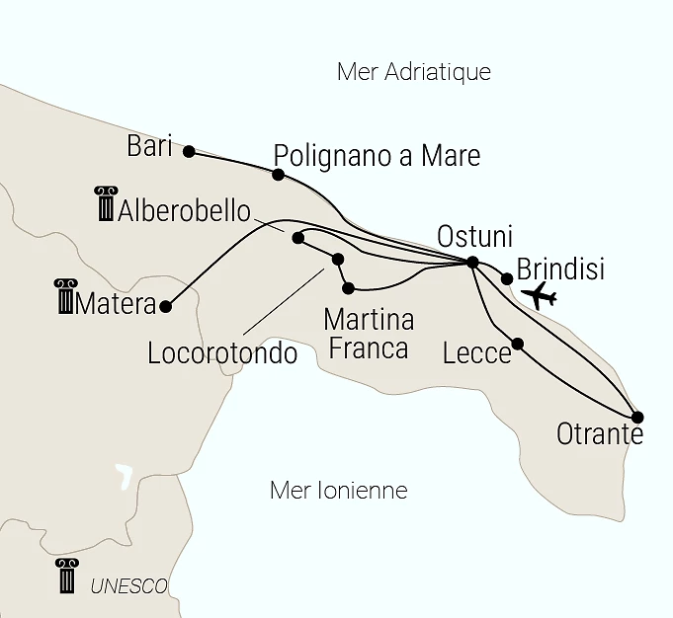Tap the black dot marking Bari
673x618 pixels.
tap(189, 151)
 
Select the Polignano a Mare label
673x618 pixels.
tap(377, 156)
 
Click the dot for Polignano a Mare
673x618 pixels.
tap(279, 175)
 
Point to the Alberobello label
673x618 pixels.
tap(184, 210)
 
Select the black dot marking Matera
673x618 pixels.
tap(165, 306)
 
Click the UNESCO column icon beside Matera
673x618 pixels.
tap(65, 297)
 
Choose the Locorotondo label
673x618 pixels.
tap(222, 352)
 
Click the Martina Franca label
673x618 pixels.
tap(368, 334)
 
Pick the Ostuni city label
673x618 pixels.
tap(474, 237)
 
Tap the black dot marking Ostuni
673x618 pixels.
tap(472, 262)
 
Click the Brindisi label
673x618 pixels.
tap(560, 270)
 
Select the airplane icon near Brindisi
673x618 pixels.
tap(539, 295)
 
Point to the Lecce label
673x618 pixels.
tap(477, 352)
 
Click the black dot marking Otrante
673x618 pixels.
tap(637, 417)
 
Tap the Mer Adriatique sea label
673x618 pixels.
tap(413, 72)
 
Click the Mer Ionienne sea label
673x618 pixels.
tap(338, 491)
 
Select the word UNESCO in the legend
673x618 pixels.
tap(128, 586)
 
